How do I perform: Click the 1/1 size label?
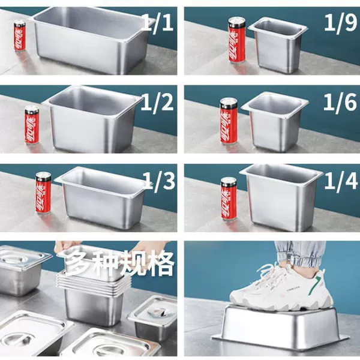click(157, 23)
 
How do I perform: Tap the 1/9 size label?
click(341, 23)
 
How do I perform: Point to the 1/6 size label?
click(340, 102)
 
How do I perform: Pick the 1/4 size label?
click(341, 181)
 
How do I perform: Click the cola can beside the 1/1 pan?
click(20, 35)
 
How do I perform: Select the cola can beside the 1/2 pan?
click(32, 125)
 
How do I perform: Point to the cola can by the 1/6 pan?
click(228, 121)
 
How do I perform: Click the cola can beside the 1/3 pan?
click(43, 193)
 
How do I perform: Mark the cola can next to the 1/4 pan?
click(229, 199)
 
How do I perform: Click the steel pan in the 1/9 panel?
click(278, 45)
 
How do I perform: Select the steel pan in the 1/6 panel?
click(275, 122)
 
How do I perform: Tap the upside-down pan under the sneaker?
click(280, 328)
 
